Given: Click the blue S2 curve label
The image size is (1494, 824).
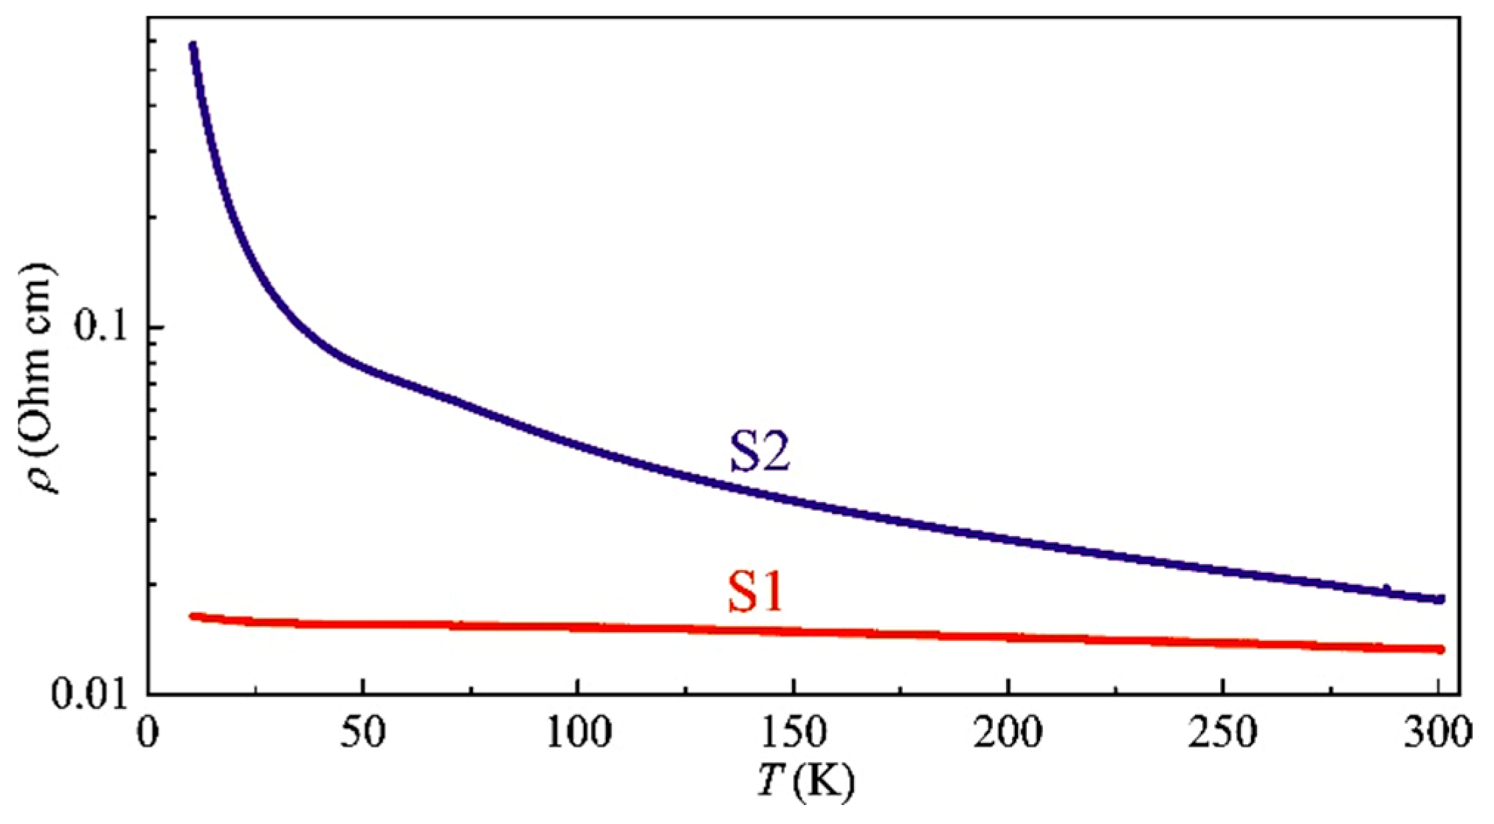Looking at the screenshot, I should tap(760, 453).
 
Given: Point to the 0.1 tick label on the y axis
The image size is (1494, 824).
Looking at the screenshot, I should tap(102, 327).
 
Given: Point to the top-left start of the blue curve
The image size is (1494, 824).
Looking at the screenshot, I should tap(193, 46).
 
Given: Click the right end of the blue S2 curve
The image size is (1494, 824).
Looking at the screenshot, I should tap(1439, 599).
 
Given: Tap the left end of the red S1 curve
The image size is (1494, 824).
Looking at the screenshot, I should tap(193, 615).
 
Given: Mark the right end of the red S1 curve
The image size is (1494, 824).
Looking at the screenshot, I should tap(1439, 649).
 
